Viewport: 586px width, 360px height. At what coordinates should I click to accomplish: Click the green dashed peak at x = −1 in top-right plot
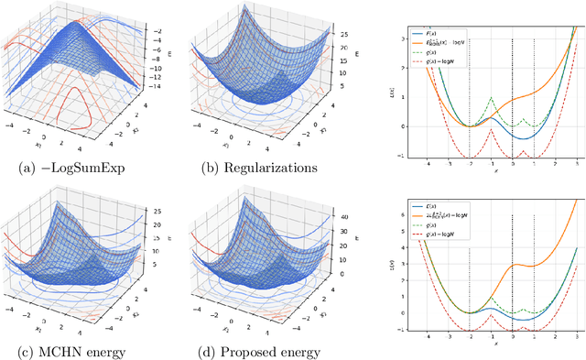(492, 98)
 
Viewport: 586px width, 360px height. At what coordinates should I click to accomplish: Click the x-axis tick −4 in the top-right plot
(429, 164)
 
